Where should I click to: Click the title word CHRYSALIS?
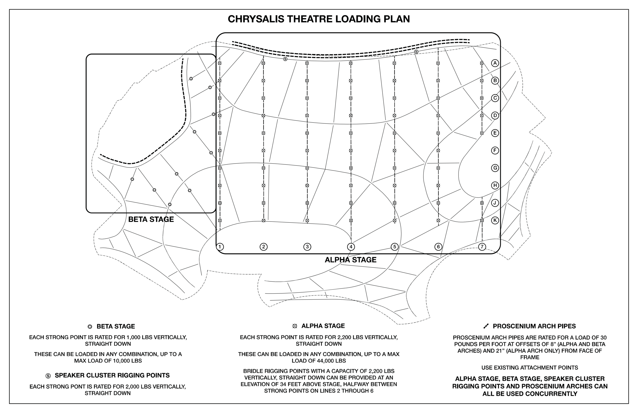pos(256,19)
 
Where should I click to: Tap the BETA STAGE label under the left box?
pos(151,219)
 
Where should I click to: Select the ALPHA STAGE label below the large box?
pos(350,260)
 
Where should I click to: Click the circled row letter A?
pos(495,63)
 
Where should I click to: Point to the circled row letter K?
pos(495,221)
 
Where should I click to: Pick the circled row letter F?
pos(495,150)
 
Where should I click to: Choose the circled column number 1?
pos(220,247)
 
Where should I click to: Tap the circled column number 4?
pos(351,247)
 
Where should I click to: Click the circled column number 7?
pos(482,247)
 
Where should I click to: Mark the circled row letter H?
pos(495,185)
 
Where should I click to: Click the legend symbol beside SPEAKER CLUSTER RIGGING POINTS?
pos(48,376)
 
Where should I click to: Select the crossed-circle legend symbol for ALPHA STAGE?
pos(295,326)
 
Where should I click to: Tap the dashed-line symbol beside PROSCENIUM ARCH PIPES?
pos(486,326)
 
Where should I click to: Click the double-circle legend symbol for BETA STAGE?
pos(90,327)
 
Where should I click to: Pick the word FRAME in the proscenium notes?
pos(530,357)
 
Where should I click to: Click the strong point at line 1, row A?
pos(220,63)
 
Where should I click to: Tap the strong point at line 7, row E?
pos(482,133)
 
